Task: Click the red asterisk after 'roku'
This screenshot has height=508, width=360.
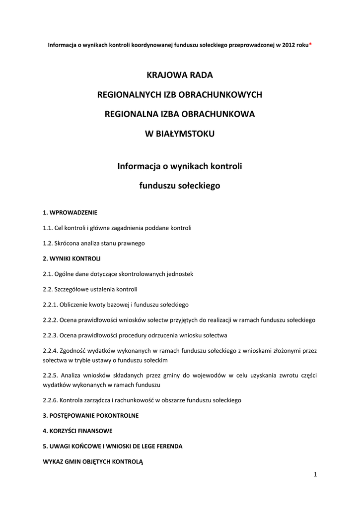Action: [310, 44]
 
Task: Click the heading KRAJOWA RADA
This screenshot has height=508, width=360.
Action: [180, 75]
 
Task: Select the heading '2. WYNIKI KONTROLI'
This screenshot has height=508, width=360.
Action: [72, 258]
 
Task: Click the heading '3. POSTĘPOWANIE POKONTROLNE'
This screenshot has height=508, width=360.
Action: [91, 415]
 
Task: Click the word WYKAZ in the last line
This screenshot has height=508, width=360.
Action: [53, 461]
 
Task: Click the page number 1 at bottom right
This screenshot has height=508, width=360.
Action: [315, 475]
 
